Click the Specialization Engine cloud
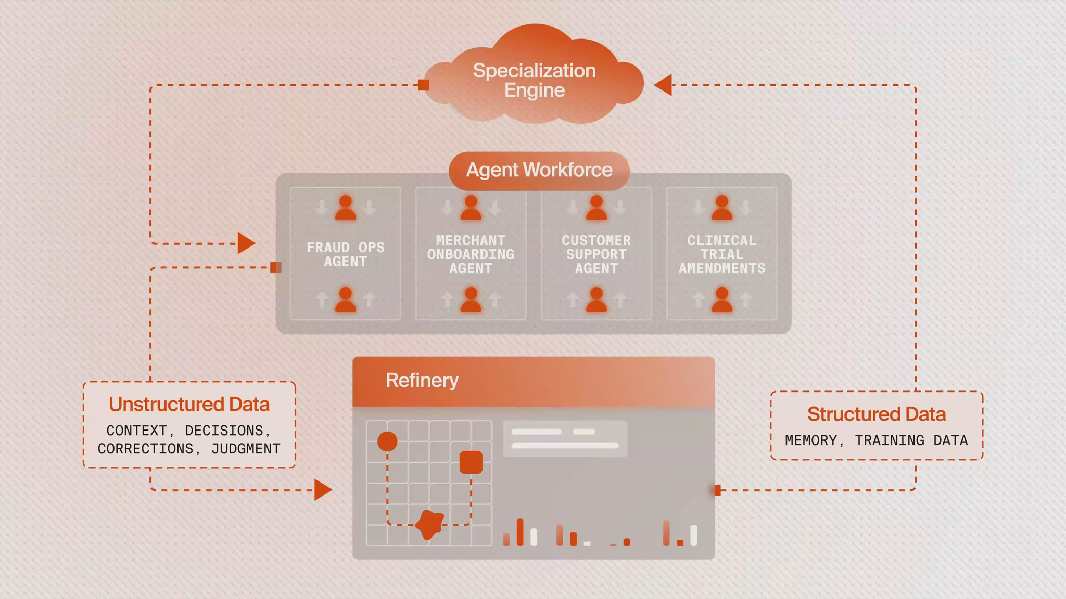pos(535,78)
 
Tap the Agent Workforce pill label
pos(539,170)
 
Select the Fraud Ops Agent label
pos(346,254)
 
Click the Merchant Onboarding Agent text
pos(471,254)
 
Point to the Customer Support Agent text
pos(596,254)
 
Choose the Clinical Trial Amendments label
pos(722,254)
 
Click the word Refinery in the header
pos(422,381)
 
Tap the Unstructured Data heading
pos(189,405)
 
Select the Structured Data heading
pos(877,414)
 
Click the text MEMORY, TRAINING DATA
pos(877,440)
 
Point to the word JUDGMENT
pos(246,449)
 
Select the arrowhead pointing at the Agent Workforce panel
pos(246,243)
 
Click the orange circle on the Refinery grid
pos(387,441)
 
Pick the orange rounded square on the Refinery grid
pos(471,462)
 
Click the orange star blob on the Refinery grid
pos(429,524)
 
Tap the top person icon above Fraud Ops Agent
pos(346,207)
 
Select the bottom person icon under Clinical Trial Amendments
pos(722,299)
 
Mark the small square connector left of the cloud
pos(424,85)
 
